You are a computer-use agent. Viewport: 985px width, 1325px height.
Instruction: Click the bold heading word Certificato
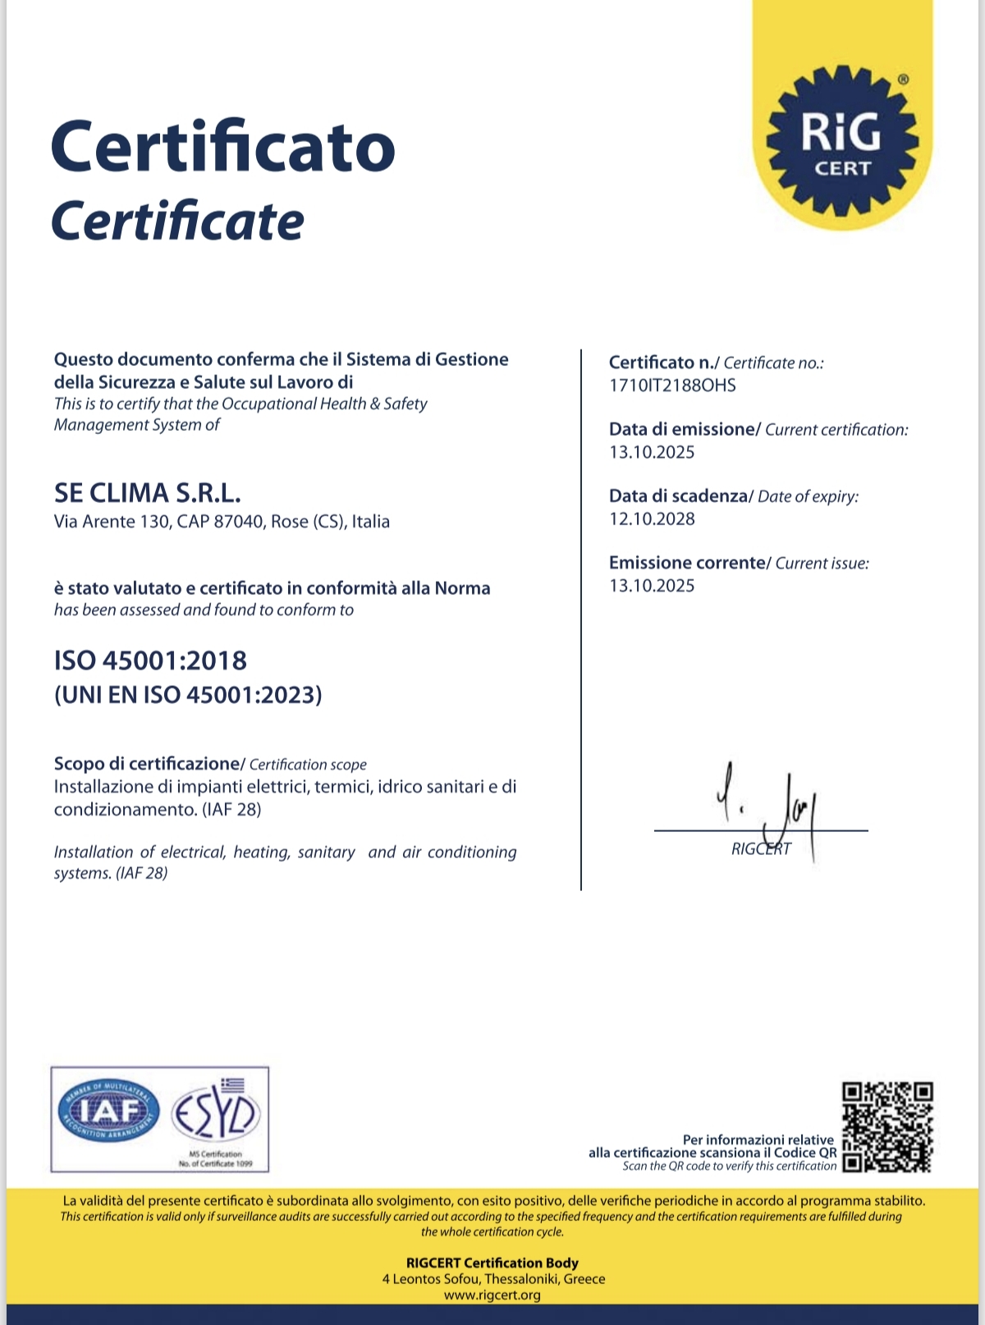(223, 146)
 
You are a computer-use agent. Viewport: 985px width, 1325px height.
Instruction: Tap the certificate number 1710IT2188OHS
(672, 386)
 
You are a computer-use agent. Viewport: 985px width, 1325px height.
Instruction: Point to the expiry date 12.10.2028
(652, 519)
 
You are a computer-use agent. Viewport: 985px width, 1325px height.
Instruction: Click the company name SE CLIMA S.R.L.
(148, 493)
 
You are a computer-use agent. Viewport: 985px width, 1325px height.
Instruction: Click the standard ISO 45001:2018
(150, 660)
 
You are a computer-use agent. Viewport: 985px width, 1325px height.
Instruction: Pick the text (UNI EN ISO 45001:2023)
(188, 695)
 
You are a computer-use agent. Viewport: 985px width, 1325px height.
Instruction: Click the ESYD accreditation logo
(216, 1116)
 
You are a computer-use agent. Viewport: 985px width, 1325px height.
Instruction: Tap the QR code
(888, 1127)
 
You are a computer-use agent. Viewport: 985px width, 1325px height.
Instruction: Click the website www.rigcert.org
(492, 1295)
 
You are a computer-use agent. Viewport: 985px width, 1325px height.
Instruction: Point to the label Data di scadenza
(678, 496)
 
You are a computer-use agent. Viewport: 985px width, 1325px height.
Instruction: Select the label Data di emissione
(681, 429)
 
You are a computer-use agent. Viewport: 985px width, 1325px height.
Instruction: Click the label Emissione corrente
(686, 563)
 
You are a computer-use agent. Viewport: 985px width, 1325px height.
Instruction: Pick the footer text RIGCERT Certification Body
(492, 1263)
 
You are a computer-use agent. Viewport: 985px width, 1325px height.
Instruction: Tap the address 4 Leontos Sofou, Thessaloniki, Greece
(493, 1279)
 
